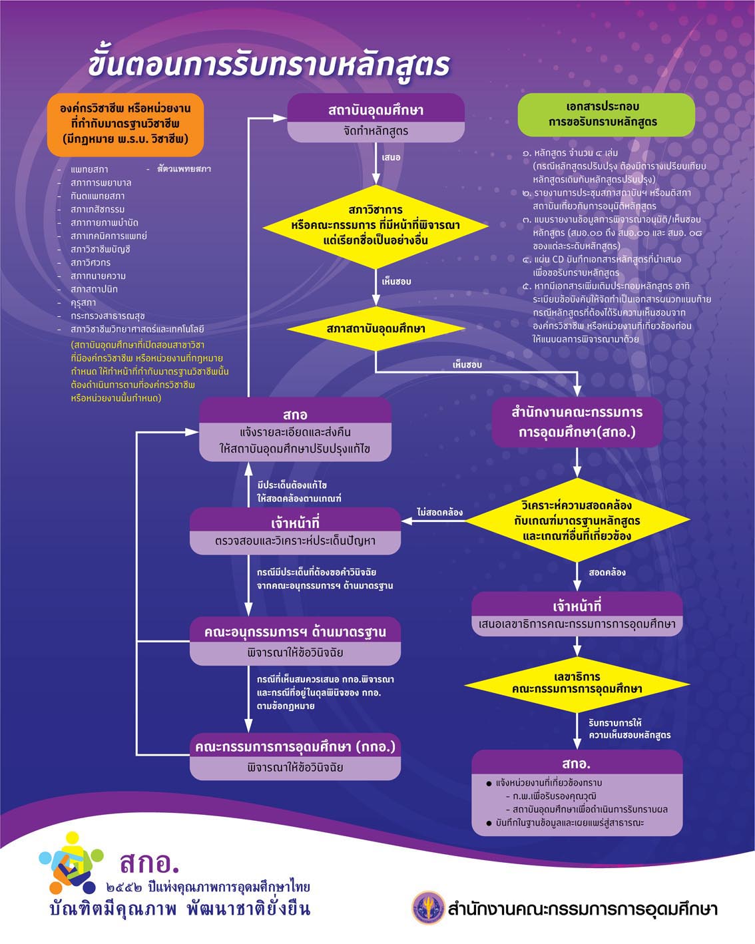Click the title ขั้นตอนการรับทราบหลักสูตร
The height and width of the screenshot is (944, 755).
point(269,65)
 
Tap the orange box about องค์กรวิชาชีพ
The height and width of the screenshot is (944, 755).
point(125,124)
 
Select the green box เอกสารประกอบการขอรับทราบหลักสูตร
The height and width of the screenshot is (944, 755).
point(607,115)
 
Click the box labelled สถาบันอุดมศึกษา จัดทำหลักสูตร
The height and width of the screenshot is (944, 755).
point(376,118)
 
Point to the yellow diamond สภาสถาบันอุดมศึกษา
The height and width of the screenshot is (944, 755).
point(376,329)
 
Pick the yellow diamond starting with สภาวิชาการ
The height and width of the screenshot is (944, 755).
point(376,226)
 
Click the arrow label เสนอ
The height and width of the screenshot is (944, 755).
point(391,157)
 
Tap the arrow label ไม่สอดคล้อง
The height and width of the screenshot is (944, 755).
point(439,512)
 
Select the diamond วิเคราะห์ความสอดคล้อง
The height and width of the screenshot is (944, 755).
point(577,520)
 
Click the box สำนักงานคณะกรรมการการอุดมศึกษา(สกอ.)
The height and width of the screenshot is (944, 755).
point(577,422)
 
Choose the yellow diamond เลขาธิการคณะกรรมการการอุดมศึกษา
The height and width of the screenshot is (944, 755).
point(577,684)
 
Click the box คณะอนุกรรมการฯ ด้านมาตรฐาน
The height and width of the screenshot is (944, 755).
point(295,641)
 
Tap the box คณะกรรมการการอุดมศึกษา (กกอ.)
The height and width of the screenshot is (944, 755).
point(295,756)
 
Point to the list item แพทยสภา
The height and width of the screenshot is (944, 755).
point(89,169)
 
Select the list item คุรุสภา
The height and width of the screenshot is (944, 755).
point(83,303)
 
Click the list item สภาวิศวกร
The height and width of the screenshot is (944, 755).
point(91,263)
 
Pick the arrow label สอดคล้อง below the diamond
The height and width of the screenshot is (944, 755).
point(607,573)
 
